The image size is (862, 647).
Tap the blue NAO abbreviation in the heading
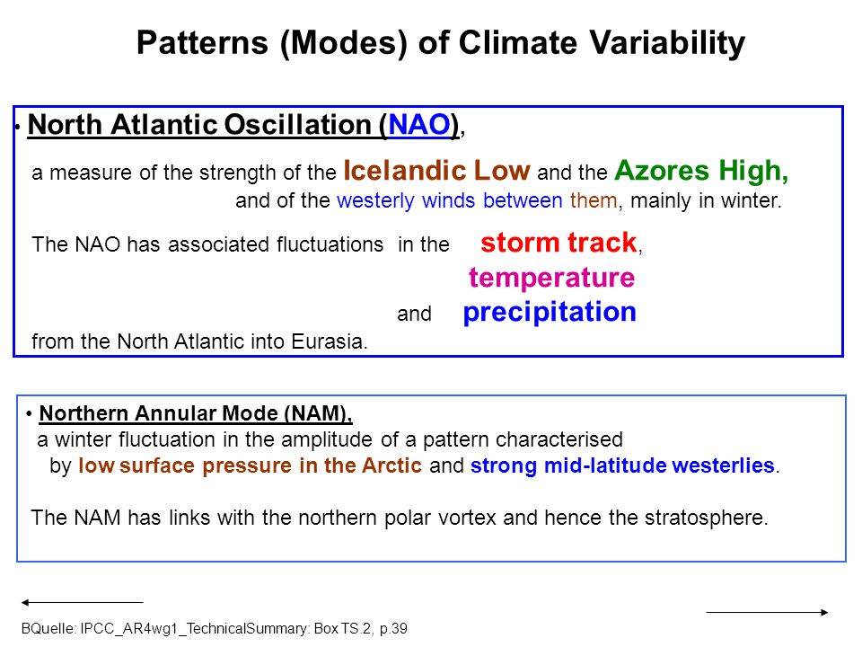pyautogui.click(x=419, y=124)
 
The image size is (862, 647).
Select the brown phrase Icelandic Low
pyautogui.click(x=437, y=170)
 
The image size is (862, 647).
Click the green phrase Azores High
pyautogui.click(x=701, y=171)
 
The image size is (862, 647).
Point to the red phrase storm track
pyautogui.click(x=559, y=243)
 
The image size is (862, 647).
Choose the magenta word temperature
pyautogui.click(x=551, y=278)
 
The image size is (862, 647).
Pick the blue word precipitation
pyautogui.click(x=550, y=312)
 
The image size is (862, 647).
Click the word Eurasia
pyautogui.click(x=329, y=341)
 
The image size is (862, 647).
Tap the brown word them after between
pyautogui.click(x=594, y=200)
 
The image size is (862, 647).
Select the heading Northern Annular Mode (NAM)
pyautogui.click(x=195, y=413)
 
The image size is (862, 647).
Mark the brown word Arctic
pyautogui.click(x=391, y=465)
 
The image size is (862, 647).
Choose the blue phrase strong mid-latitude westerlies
pyautogui.click(x=622, y=465)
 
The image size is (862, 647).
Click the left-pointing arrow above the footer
pyautogui.click(x=82, y=602)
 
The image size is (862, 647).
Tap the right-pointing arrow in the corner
pyautogui.click(x=767, y=612)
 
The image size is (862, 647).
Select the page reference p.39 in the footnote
pyautogui.click(x=393, y=629)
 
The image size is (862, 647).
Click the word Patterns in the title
pyautogui.click(x=202, y=43)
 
